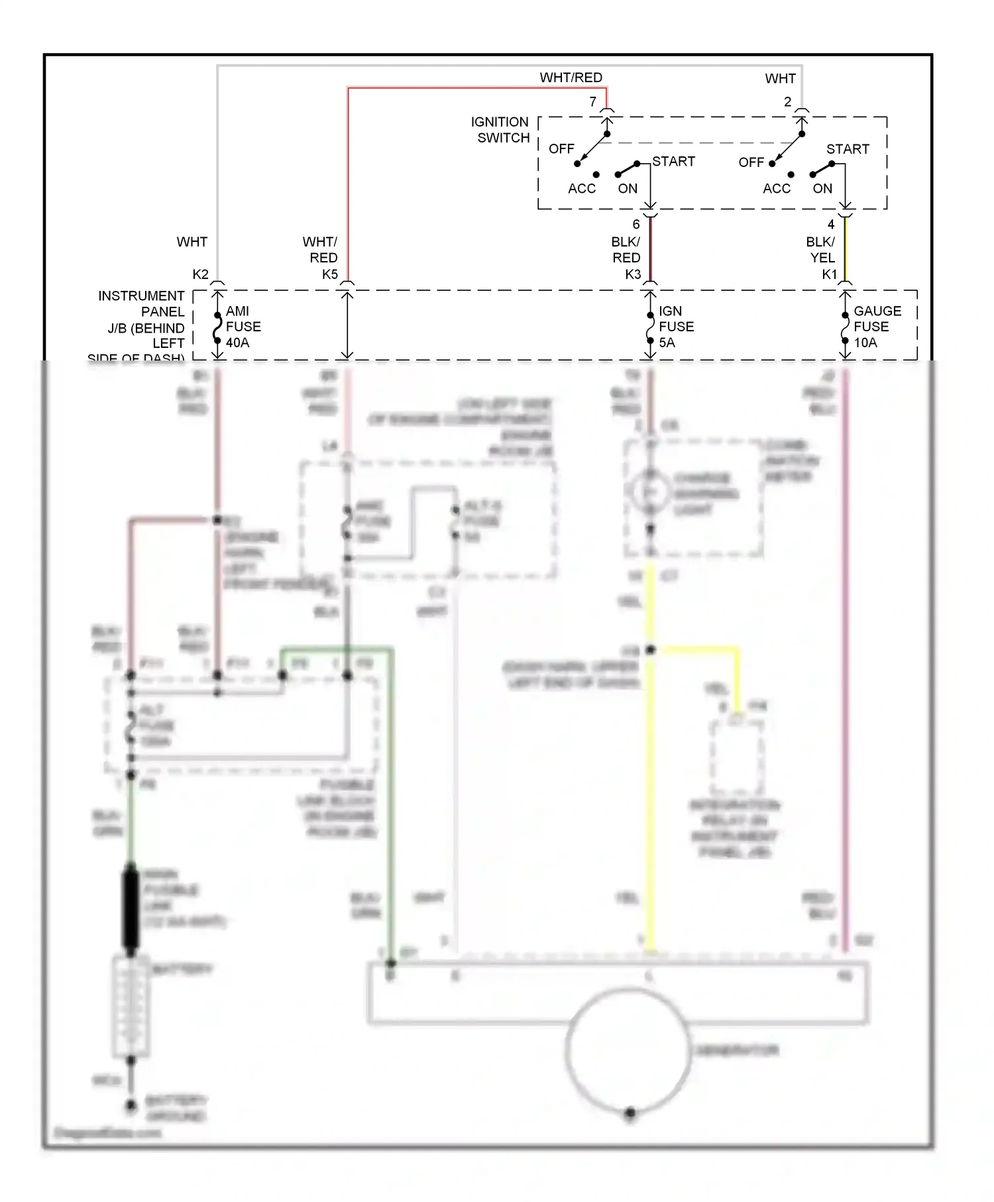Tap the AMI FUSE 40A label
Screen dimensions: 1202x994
click(243, 327)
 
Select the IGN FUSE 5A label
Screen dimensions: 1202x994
click(675, 327)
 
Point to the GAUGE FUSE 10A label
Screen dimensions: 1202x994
click(876, 327)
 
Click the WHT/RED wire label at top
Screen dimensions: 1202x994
click(571, 78)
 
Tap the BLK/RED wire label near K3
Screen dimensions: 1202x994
click(626, 250)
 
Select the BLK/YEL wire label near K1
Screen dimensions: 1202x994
click(820, 250)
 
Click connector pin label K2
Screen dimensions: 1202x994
click(200, 274)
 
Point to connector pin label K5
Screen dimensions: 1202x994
click(329, 274)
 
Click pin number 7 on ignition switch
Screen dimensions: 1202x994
click(593, 102)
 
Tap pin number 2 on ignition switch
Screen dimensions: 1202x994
click(787, 102)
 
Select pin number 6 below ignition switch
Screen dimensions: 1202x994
click(636, 225)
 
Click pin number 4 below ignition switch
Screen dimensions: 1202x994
click(830, 225)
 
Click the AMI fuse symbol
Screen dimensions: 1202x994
click(217, 327)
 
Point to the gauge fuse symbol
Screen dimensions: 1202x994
click(845, 327)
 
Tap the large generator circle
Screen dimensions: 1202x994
click(628, 1051)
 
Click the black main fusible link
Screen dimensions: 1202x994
click(131, 908)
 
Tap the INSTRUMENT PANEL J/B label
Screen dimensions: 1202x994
click(141, 327)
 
